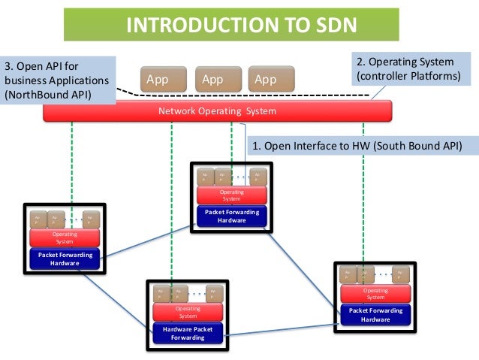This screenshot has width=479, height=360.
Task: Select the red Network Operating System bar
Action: [218, 111]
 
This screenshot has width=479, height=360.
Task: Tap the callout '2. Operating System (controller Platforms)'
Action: [405, 70]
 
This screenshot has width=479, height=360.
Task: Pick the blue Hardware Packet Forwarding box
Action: [187, 333]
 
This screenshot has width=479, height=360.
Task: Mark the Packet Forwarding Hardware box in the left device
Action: [65, 259]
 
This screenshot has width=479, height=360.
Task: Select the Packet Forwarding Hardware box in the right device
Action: [375, 315]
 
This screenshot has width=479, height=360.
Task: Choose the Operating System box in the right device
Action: [375, 294]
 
